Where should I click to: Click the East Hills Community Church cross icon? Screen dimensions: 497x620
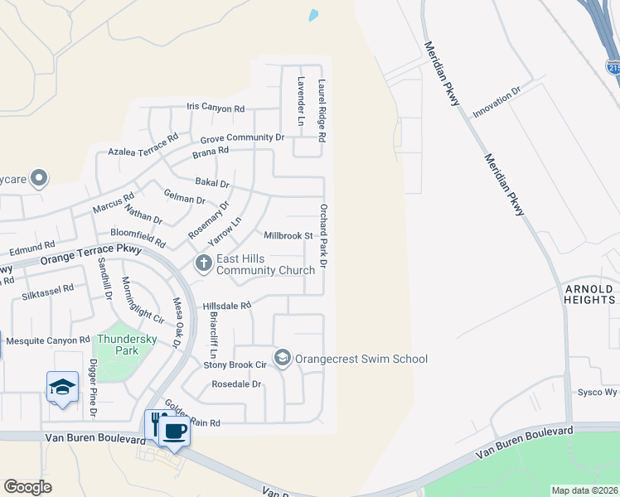(204, 264)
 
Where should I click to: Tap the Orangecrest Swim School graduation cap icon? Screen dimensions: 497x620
(282, 359)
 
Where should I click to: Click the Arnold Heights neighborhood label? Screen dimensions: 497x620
(589, 294)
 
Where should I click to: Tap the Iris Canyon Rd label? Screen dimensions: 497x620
(216, 109)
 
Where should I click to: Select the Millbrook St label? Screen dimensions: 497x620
(288, 236)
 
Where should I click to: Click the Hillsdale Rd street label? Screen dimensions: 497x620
(226, 306)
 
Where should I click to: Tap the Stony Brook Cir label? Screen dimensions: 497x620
(234, 364)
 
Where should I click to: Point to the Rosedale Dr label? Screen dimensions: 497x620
(236, 384)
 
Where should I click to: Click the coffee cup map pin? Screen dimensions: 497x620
(174, 432)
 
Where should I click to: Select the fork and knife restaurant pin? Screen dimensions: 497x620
(155, 425)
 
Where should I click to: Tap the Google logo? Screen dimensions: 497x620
(27, 486)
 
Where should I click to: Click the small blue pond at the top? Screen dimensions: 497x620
(313, 15)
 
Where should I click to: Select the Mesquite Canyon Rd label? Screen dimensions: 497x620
(47, 340)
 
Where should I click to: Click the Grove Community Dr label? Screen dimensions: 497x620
(242, 139)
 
